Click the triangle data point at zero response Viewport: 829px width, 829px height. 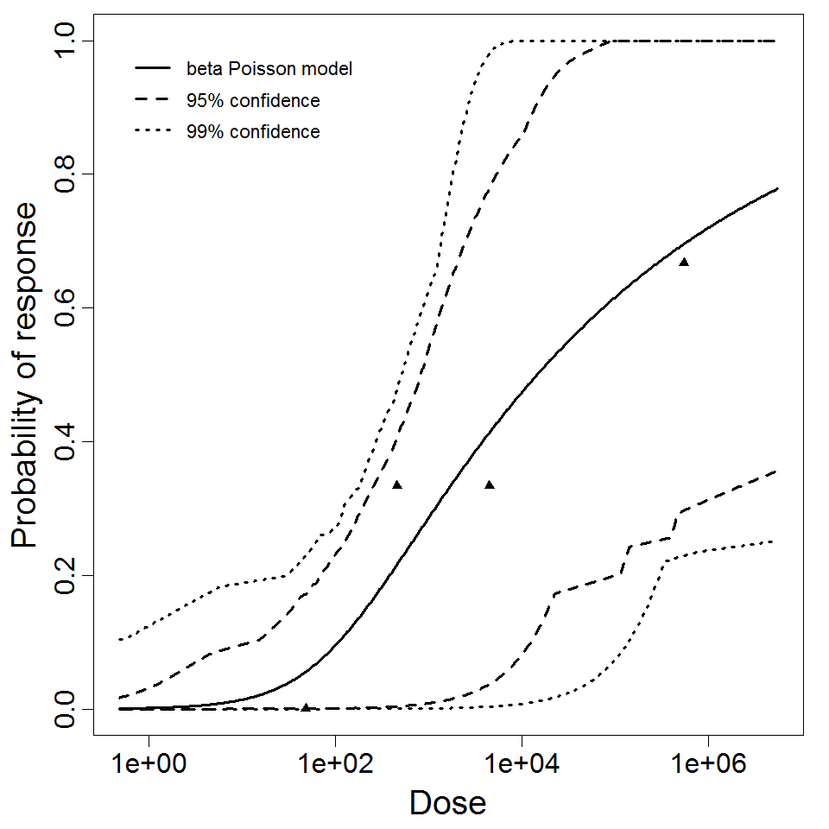[x=306, y=707]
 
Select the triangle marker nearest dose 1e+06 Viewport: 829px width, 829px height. [x=684, y=262]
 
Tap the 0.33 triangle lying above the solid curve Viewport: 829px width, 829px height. [x=397, y=484]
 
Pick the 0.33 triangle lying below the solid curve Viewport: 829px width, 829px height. [x=490, y=484]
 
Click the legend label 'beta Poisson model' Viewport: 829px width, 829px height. [x=269, y=68]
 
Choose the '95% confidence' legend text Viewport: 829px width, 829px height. [x=253, y=101]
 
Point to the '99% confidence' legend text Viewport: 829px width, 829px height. [x=253, y=132]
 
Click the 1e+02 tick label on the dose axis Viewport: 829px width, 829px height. [x=335, y=765]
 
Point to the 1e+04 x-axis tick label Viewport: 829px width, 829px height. [x=522, y=765]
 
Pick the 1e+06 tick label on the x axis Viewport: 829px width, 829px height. [x=708, y=765]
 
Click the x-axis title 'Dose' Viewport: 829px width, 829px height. [x=447, y=804]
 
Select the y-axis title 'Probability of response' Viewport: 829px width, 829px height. [x=26, y=375]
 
